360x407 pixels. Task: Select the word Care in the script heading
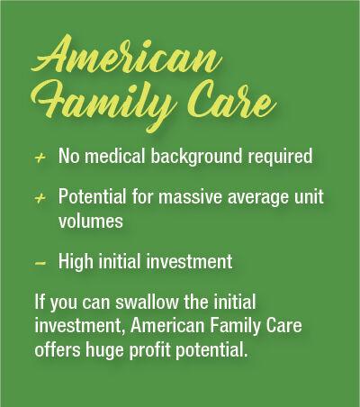(x=230, y=100)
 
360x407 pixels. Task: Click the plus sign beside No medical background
(x=40, y=158)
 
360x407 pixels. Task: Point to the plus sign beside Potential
(x=40, y=198)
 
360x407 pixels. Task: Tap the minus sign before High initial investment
(x=40, y=263)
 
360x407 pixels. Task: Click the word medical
(x=115, y=156)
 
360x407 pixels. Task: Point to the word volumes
(x=91, y=221)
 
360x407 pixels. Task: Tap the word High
(x=76, y=262)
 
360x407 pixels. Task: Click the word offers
(x=58, y=349)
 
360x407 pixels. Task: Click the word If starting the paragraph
(x=39, y=302)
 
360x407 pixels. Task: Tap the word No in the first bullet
(x=68, y=156)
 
